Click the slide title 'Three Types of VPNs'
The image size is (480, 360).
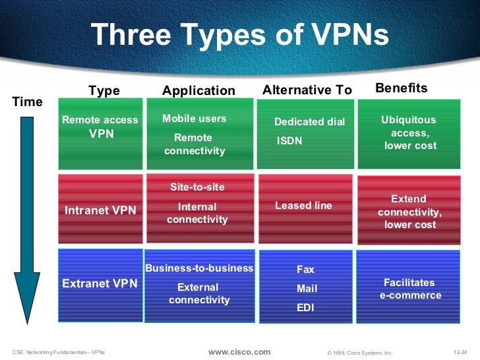pos(240,35)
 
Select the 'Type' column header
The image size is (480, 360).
pos(104,91)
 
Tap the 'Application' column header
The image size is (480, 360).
pos(198,91)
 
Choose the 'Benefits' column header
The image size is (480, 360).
pos(401,88)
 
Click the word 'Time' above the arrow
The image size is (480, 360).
pos(28,102)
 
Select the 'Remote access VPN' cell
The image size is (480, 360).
pos(100,127)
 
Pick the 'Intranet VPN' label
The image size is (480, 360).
pos(100,210)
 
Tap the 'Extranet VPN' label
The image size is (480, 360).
pos(100,284)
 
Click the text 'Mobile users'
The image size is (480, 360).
pos(194,119)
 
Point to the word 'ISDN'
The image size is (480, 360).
pos(289,140)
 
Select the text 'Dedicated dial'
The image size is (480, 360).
pos(309,122)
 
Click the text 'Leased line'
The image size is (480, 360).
pos(303,206)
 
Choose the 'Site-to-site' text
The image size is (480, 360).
pos(197,187)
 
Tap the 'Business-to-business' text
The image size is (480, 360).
pos(199,268)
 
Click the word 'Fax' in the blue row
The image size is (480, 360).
pos(305,270)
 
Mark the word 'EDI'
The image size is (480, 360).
pos(305,307)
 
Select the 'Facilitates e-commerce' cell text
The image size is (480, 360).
pos(410,289)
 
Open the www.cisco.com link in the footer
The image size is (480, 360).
pos(239,352)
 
